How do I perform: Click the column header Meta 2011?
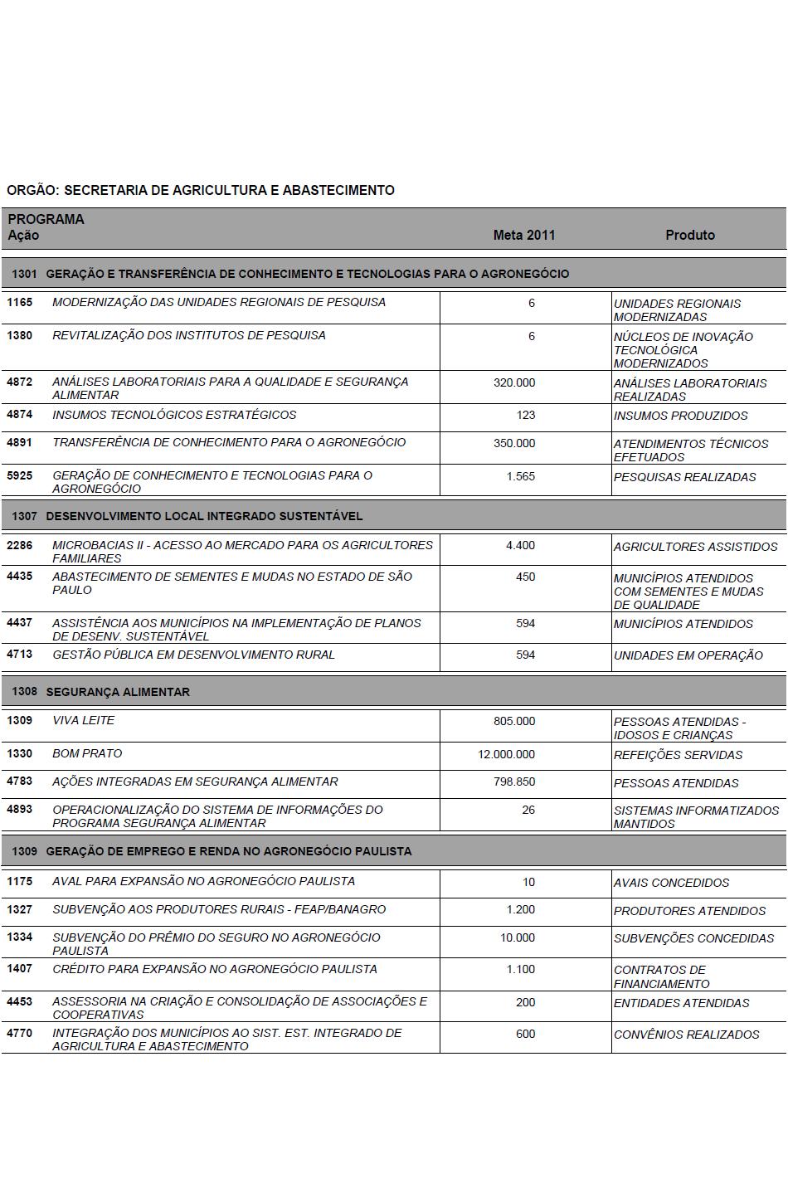[x=523, y=235]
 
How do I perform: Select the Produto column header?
[x=689, y=235]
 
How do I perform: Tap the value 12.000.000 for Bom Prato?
[x=506, y=754]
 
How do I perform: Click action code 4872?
[x=20, y=382]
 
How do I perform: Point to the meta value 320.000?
[x=514, y=382]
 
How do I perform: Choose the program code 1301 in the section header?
[x=25, y=274]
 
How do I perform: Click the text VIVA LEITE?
[x=83, y=720]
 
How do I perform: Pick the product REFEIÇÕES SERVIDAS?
[x=678, y=755]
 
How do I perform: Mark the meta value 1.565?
[x=520, y=476]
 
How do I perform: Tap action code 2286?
[x=20, y=545]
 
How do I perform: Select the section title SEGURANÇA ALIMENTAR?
[x=118, y=692]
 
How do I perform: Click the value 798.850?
[x=514, y=782]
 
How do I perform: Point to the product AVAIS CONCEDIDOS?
[x=671, y=883]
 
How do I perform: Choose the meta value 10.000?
[x=518, y=937]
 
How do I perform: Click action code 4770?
[x=20, y=1033]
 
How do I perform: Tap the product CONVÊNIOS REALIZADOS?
[x=686, y=1035]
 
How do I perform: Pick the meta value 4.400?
[x=520, y=546]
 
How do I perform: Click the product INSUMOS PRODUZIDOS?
[x=680, y=416]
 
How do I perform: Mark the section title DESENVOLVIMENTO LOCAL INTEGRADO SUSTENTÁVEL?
[x=204, y=516]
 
